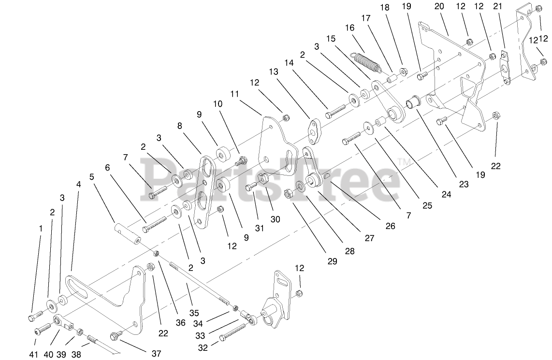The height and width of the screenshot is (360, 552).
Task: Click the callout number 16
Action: pos(349,28)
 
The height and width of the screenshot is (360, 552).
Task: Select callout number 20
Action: pos(439,6)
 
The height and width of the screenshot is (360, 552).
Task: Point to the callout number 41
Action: pos(33,354)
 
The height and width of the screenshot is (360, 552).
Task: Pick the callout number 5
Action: pos(92,177)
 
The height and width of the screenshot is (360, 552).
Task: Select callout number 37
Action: pos(156,354)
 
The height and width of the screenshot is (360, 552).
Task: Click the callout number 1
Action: pos(40,228)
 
